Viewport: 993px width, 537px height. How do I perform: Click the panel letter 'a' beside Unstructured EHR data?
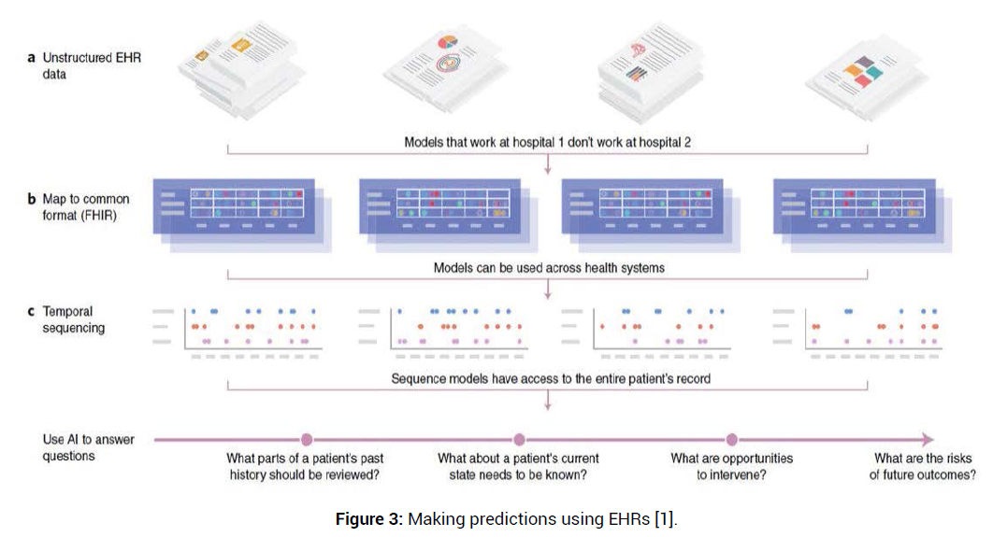(x=32, y=58)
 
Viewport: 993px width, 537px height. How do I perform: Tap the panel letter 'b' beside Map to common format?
(x=33, y=199)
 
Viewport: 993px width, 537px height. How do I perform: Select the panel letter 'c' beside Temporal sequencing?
(x=32, y=312)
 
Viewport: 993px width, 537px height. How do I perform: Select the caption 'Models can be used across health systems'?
(x=549, y=268)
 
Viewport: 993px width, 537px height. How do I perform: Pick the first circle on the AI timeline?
(x=306, y=440)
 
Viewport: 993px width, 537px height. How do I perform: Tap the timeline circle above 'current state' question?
(x=519, y=440)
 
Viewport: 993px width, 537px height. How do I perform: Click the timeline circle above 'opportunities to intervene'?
(x=732, y=440)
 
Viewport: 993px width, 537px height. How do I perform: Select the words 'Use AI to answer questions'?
(x=87, y=448)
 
